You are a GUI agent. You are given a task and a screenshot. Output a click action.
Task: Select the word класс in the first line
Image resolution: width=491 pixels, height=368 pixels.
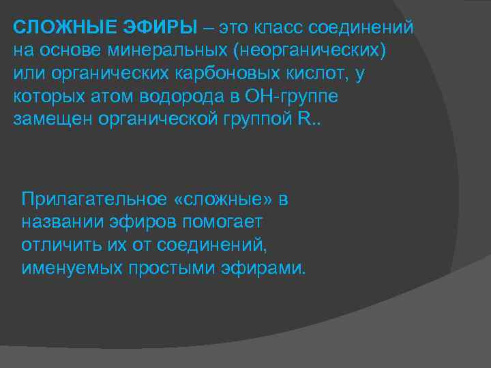point(280,28)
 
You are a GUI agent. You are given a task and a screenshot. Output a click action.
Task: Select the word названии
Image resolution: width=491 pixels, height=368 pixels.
point(58,222)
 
